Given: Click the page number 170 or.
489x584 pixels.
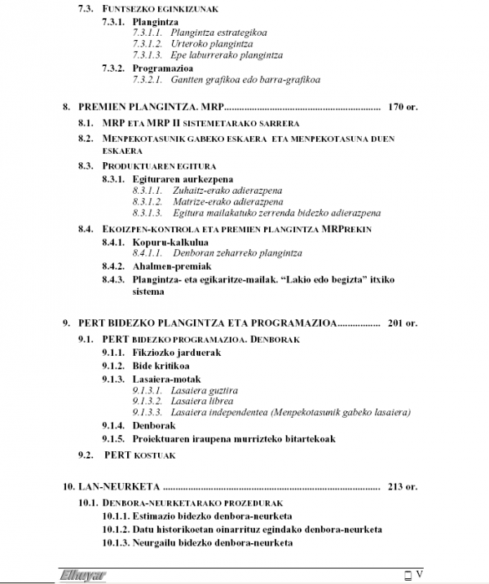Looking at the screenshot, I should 403,106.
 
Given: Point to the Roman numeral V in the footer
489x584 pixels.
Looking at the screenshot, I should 419,574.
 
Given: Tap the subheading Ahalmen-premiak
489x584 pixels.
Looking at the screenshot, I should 173,266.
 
